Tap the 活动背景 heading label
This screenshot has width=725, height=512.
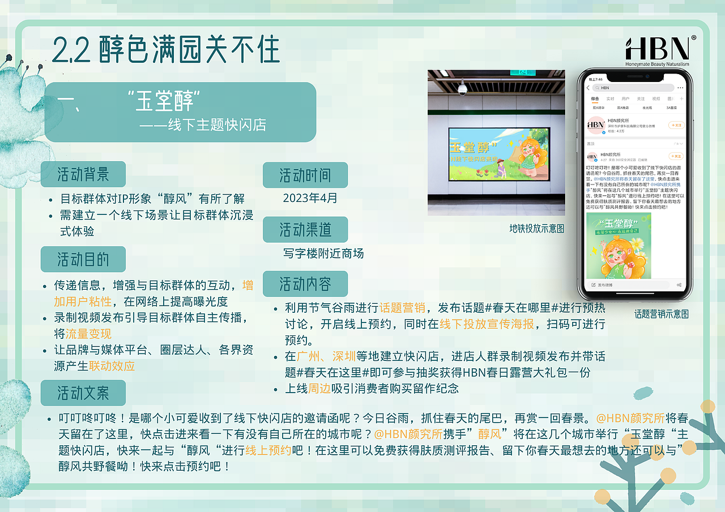tap(83, 174)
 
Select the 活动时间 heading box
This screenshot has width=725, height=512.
tap(305, 175)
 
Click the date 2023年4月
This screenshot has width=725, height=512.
tap(310, 198)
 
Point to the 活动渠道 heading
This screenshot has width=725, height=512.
tap(305, 230)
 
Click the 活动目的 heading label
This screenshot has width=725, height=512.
tap(83, 259)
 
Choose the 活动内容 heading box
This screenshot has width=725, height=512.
tap(305, 283)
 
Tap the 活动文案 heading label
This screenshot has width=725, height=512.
tap(83, 393)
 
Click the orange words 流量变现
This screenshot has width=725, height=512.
tap(88, 333)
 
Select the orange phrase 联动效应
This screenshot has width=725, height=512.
tap(112, 365)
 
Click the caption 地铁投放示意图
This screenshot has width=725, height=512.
tap(537, 229)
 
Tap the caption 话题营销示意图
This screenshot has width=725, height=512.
tap(661, 313)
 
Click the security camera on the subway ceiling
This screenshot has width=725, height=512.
tap(463, 88)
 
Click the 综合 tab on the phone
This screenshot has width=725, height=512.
tap(595, 98)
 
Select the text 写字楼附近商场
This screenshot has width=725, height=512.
tap(323, 253)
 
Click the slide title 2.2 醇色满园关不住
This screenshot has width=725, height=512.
tap(166, 50)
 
